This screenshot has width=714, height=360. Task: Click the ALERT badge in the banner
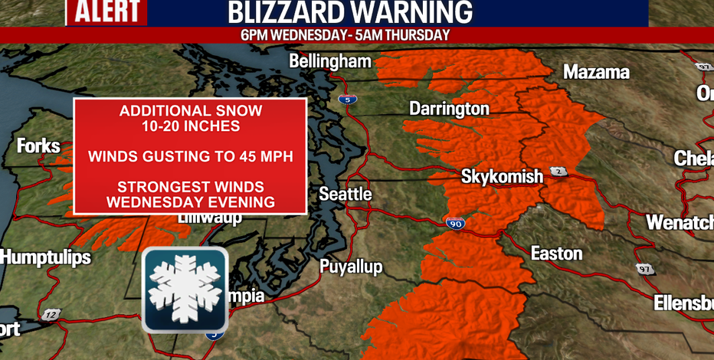(106, 12)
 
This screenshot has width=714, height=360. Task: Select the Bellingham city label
(330, 61)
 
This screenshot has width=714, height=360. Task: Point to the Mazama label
(596, 72)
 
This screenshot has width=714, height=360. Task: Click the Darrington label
(449, 109)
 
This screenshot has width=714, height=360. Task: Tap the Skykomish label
(502, 177)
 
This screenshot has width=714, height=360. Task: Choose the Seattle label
(345, 194)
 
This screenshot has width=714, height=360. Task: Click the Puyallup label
(351, 267)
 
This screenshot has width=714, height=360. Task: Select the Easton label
(557, 253)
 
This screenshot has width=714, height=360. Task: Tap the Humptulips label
(45, 257)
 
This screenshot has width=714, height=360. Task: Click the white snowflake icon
(185, 289)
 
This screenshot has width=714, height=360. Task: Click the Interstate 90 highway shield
(455, 223)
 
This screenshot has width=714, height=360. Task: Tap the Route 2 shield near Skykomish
(559, 171)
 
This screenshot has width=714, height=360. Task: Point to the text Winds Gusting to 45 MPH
(190, 157)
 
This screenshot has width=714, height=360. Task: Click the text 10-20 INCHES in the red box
(190, 126)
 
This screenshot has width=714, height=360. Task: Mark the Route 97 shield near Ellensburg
(644, 269)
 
